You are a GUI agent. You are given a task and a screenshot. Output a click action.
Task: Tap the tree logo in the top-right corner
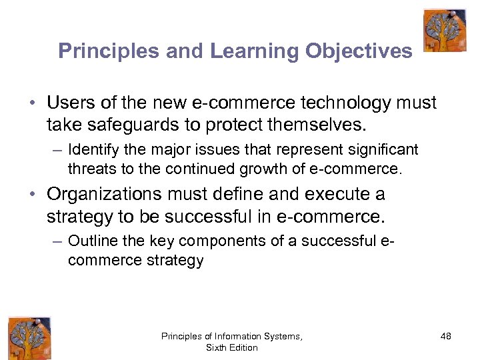pos(445,30)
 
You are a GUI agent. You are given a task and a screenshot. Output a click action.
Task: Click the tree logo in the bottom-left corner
pos(29,338)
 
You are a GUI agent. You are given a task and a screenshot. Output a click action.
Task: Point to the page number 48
pos(445,337)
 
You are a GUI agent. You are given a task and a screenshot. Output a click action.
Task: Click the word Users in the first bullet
pos(69,103)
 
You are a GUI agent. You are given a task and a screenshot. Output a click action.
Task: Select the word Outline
pos(90,241)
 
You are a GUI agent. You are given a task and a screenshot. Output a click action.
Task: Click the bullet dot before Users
pos(32,104)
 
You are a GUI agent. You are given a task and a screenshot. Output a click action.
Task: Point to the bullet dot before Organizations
pos(32,195)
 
